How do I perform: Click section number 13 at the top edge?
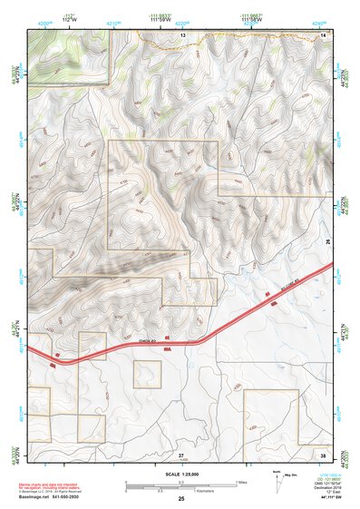[x=182, y=34]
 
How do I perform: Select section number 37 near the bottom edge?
[x=181, y=454]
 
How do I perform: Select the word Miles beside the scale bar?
[x=241, y=483]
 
